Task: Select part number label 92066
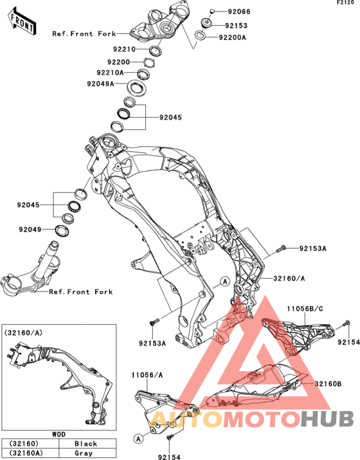tap(239, 12)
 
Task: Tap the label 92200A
tap(233, 37)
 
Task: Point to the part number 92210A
tap(110, 72)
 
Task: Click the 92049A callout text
tap(100, 84)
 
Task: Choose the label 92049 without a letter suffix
tap(30, 230)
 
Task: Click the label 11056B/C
tap(305, 309)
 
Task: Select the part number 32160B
tap(328, 383)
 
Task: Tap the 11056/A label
tap(147, 375)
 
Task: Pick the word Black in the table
tap(85, 443)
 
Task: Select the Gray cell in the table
tap(84, 453)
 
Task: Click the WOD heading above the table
tap(59, 434)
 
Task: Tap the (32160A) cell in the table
tap(26, 453)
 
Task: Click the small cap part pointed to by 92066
tap(212, 12)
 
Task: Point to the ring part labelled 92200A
tap(200, 36)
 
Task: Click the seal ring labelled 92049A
tap(136, 87)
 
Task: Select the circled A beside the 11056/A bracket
tap(138, 439)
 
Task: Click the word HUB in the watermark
tap(327, 419)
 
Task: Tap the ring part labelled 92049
tap(62, 230)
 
